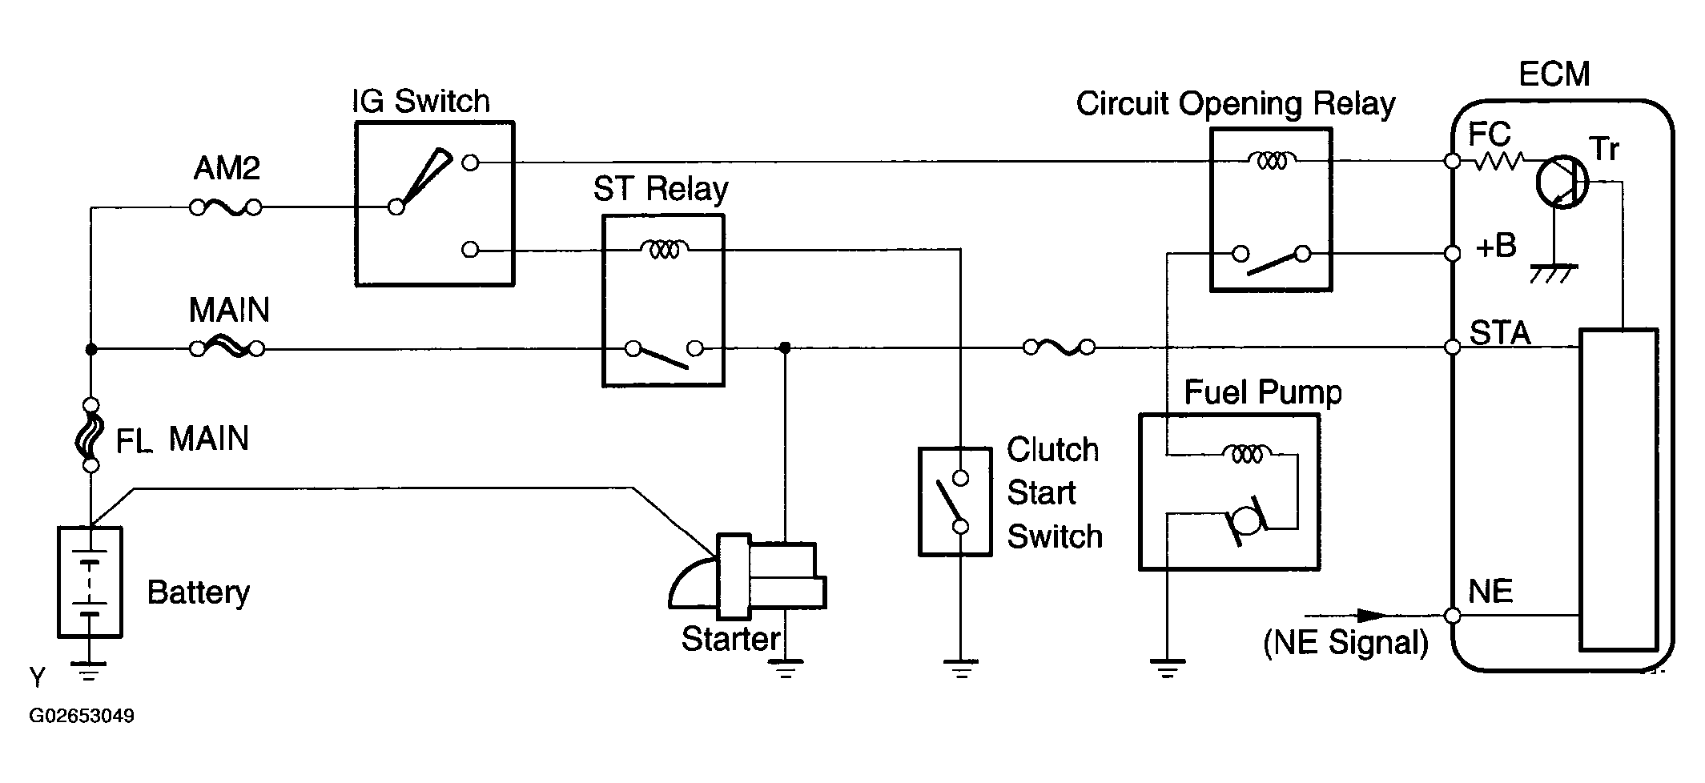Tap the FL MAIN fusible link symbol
(90, 435)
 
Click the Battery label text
(198, 592)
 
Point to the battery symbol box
(90, 582)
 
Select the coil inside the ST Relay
(664, 251)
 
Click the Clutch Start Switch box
(955, 502)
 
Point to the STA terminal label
(1500, 333)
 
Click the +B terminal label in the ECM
(1495, 247)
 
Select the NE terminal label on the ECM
(1490, 592)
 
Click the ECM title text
(1554, 74)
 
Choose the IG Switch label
(420, 102)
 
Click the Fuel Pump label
(1262, 392)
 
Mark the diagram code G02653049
(82, 716)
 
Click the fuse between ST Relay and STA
(1059, 347)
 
